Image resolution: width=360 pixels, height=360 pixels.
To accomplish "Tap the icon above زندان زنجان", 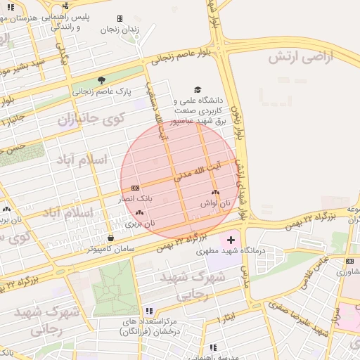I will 120,19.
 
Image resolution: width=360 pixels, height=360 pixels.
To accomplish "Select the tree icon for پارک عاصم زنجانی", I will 101,80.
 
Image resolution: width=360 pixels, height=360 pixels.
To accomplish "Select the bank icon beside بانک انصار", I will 135,188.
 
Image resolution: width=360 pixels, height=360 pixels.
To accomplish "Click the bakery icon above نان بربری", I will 139,212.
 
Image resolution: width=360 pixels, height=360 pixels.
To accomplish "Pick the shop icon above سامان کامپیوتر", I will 111,238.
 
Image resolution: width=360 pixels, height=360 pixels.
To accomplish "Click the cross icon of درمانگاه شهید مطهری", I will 231,240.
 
